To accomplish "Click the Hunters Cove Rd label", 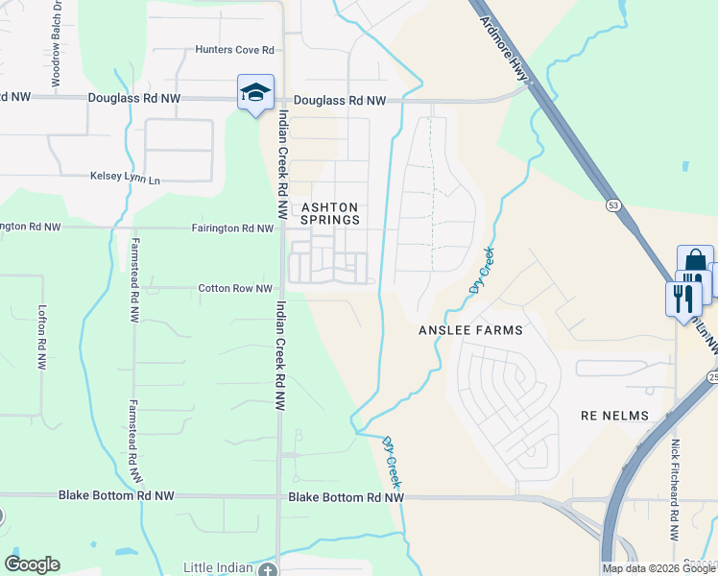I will pyautogui.click(x=235, y=50).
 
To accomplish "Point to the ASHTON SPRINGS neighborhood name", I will pyautogui.click(x=330, y=213).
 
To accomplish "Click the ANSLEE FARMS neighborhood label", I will pyautogui.click(x=470, y=330).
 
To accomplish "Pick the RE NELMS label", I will pyautogui.click(x=615, y=416).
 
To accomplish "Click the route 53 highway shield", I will pyautogui.click(x=612, y=204).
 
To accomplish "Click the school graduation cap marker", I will pyautogui.click(x=255, y=92).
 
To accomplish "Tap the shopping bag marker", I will pyautogui.click(x=695, y=263).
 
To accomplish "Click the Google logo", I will pyautogui.click(x=32, y=564).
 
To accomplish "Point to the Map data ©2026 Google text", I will pyautogui.click(x=659, y=568).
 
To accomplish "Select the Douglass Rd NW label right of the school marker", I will pyautogui.click(x=340, y=100).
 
